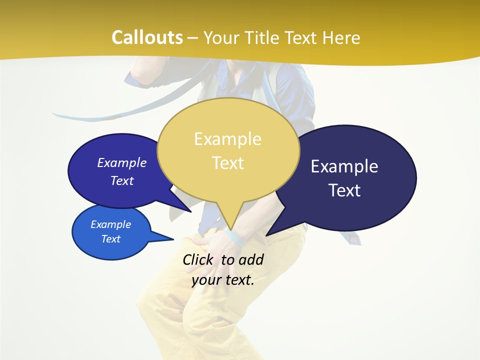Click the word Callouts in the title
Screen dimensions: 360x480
[147, 37]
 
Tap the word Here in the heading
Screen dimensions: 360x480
[341, 37]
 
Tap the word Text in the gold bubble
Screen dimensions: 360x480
[228, 163]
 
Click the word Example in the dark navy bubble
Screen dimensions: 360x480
[344, 166]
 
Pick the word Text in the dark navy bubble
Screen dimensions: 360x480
[344, 190]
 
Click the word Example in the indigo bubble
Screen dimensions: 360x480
[122, 162]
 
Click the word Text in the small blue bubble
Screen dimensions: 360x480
[111, 239]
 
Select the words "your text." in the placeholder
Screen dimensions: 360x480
[223, 280]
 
